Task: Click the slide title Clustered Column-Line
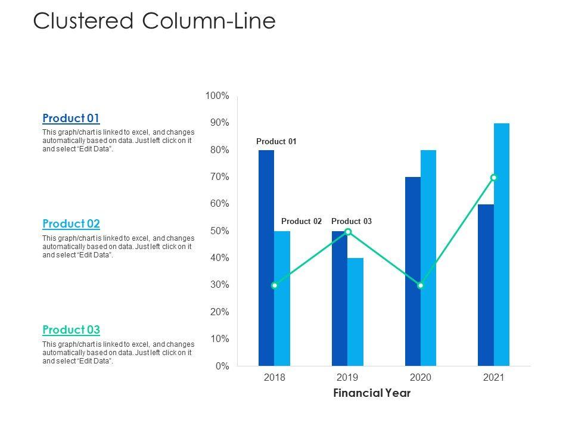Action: tap(154, 21)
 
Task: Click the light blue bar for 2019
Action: tap(355, 312)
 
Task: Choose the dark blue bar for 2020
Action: tap(412, 271)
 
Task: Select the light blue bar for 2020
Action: tap(428, 257)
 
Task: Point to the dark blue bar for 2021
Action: tap(486, 285)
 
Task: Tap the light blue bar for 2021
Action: tap(502, 244)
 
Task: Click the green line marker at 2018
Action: tap(274, 285)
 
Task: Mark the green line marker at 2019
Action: tap(348, 232)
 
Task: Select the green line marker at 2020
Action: tap(421, 285)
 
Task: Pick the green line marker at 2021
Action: tap(494, 178)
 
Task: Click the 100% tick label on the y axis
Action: tap(217, 96)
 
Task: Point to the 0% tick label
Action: tap(221, 366)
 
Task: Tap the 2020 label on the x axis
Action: tap(421, 378)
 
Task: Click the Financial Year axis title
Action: tap(372, 393)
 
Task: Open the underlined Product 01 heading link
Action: tap(71, 118)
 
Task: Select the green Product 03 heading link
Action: tap(71, 330)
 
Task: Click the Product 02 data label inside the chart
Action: tap(301, 222)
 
